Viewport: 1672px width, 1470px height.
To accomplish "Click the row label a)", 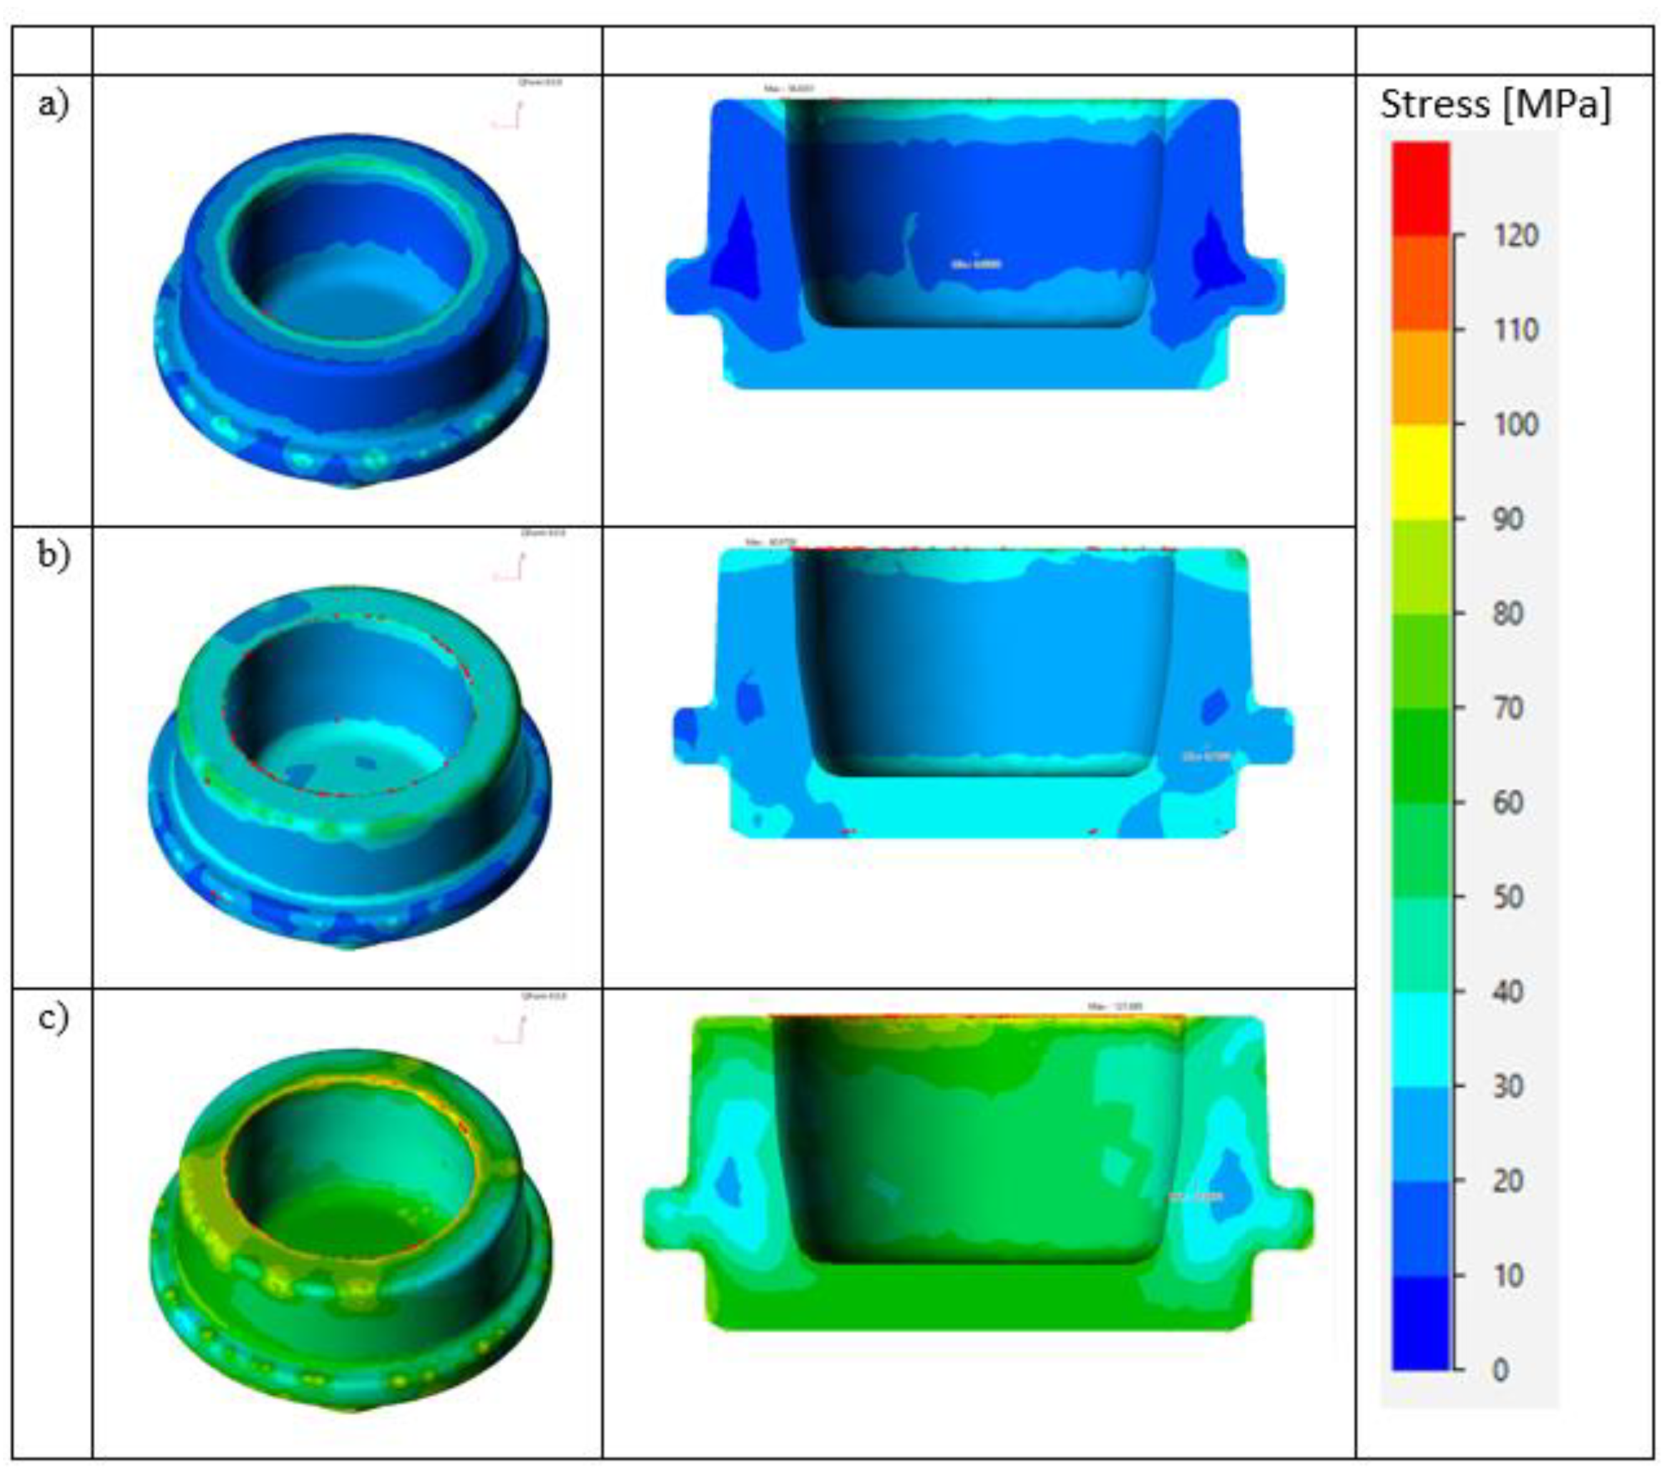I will pos(53,104).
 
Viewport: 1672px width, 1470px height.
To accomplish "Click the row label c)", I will pos(53,1018).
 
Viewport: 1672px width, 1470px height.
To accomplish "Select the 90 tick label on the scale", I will pos(1508,519).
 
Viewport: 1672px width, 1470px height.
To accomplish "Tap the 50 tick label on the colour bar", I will pos(1508,897).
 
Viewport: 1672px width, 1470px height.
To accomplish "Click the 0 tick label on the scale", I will pos(1500,1369).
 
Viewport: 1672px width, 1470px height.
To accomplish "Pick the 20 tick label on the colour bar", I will pos(1508,1180).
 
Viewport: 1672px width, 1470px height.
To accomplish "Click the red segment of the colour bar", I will pos(1421,188).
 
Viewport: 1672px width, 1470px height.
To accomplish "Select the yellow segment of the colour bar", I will pos(1421,472).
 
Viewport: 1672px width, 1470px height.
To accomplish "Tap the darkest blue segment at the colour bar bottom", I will pos(1421,1323).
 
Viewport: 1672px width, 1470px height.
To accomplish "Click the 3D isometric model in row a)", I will pos(352,311).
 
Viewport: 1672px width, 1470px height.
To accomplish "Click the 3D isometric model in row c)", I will pos(352,1226).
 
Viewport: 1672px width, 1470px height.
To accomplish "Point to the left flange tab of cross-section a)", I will pos(685,286).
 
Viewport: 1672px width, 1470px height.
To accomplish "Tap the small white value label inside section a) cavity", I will pos(976,264).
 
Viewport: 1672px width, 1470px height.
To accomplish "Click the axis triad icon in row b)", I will pos(509,568).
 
